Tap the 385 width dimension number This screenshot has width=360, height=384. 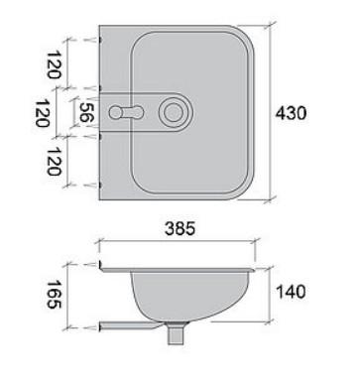point(180,228)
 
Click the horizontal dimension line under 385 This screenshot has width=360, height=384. point(180,247)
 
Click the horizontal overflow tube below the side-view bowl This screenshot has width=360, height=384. point(129,325)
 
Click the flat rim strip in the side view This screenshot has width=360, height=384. point(180,268)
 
